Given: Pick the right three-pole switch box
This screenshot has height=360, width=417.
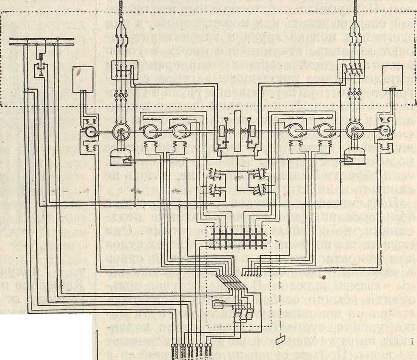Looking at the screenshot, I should click(351, 71).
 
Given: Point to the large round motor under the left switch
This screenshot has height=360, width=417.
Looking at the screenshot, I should click(121, 132).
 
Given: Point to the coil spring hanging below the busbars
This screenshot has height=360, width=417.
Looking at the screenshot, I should click(39, 57).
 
